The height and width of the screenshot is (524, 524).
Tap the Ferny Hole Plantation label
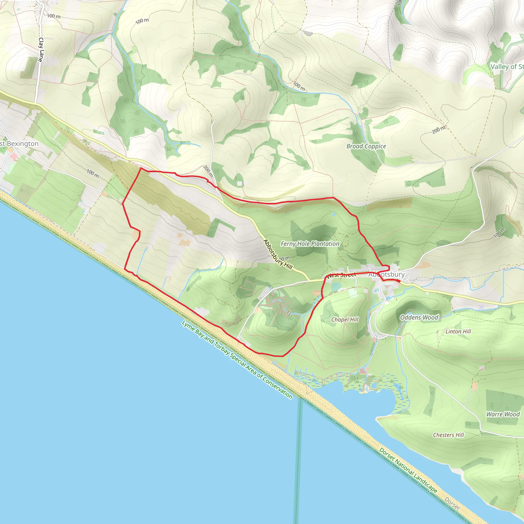(310, 244)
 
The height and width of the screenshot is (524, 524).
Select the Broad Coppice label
(366, 146)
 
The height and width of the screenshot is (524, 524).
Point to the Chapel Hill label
(345, 320)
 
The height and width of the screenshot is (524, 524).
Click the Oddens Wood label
(419, 317)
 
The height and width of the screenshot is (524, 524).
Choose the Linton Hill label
(458, 331)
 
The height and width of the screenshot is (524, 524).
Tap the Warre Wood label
(503, 414)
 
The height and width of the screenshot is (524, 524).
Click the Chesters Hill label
(448, 435)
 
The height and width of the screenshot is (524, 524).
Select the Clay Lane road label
(41, 50)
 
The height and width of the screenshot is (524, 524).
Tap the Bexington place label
(19, 144)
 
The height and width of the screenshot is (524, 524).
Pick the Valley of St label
(507, 67)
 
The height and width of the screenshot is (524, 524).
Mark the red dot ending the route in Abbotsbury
(399, 281)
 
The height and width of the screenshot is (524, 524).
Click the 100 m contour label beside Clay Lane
(54, 16)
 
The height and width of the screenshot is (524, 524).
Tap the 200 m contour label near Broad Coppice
(439, 130)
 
